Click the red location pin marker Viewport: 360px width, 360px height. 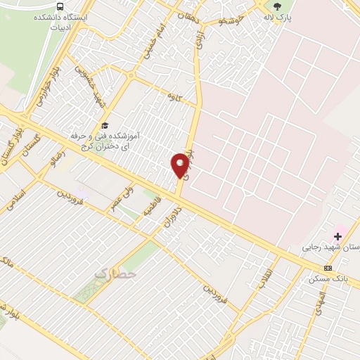pos(180,165)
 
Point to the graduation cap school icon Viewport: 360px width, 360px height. pos(104,124)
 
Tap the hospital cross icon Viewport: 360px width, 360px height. pos(338,236)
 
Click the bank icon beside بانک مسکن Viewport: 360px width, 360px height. pos(328,268)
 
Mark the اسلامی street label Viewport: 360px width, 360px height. pos(15,199)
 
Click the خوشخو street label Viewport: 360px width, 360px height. pos(231,22)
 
